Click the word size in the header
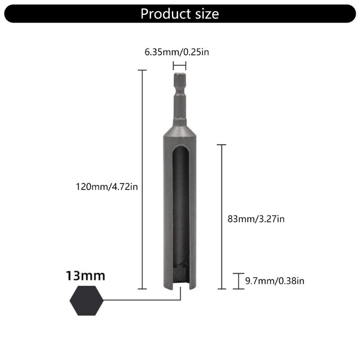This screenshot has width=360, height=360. [204, 13]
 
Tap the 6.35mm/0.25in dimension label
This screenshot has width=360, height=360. [177, 52]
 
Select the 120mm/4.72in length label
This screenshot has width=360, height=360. [107, 186]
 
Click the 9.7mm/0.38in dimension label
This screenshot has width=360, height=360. [275, 281]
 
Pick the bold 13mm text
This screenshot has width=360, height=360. [85, 275]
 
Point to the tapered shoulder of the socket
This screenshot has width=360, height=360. [180, 130]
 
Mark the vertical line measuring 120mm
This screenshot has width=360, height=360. [142, 180]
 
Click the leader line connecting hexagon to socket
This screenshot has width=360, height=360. [139, 300]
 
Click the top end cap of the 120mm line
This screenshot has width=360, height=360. [142, 70]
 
